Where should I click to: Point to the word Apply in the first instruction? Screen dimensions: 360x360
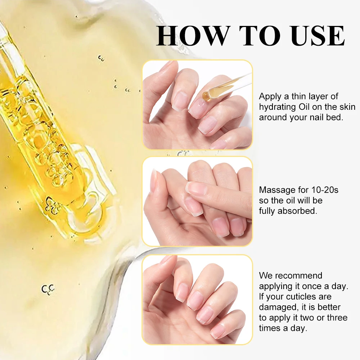[x=270, y=96]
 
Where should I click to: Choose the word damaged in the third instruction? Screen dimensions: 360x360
[x=275, y=307]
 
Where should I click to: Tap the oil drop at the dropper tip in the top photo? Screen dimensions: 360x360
[x=206, y=95]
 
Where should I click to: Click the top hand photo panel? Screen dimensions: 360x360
[x=197, y=105]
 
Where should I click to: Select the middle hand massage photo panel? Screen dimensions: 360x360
[x=197, y=202]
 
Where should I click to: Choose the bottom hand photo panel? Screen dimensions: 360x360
[x=197, y=299]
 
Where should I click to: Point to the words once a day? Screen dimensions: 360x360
[x=325, y=286]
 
